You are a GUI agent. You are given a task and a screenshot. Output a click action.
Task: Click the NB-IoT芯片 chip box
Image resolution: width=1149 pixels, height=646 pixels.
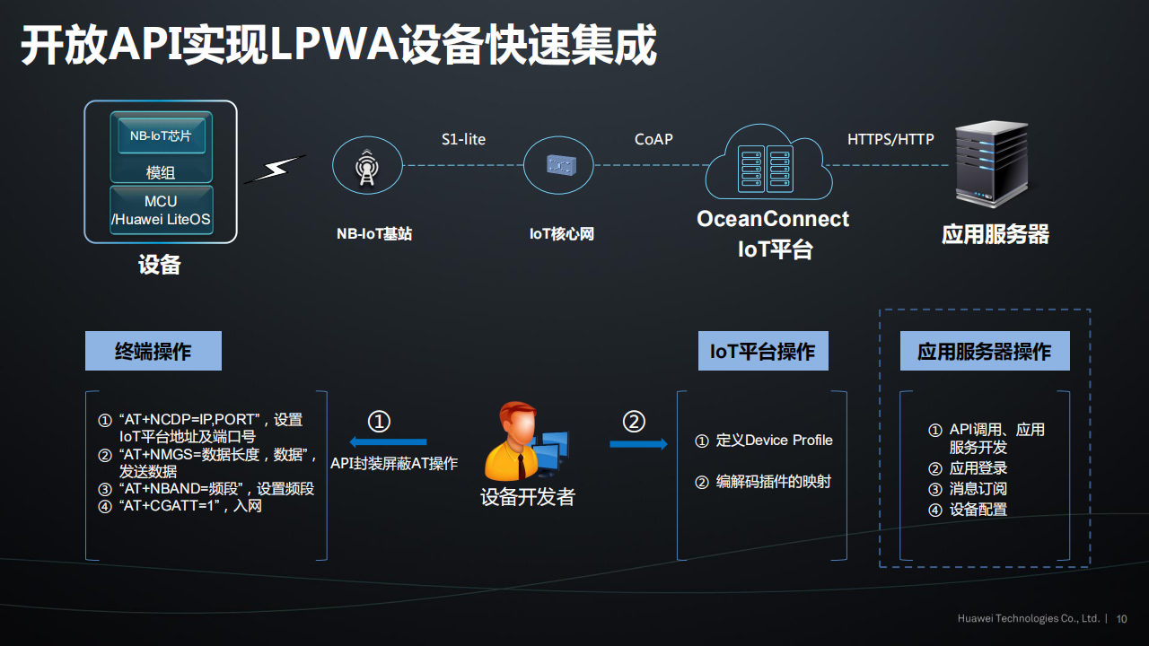pos(161,135)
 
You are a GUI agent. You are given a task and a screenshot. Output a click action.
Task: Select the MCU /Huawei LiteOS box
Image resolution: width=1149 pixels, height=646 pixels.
pos(161,210)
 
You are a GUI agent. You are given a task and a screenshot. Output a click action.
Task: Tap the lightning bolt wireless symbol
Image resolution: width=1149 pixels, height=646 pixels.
pos(275,169)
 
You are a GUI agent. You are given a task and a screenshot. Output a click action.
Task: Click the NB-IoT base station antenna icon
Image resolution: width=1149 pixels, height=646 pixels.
pos(367,166)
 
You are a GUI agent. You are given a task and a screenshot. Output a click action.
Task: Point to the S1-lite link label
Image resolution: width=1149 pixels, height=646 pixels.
pos(463,139)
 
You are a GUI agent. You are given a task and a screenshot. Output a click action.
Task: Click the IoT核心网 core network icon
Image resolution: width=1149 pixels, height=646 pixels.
pos(559,165)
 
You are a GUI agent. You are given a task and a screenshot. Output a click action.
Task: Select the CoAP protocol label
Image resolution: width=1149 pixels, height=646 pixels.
pos(653,139)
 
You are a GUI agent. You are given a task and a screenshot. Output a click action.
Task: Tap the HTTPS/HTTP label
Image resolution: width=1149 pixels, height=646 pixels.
pos(890,139)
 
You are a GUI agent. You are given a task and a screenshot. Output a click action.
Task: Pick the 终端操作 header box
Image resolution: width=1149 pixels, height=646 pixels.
pos(153,352)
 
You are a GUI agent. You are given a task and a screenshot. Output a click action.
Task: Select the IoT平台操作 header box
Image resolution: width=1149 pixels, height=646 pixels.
pos(763,352)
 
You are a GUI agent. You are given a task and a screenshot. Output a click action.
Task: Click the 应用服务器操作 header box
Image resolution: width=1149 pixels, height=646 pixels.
pos(984,352)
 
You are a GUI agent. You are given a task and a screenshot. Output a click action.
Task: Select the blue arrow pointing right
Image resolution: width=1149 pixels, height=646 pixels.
pos(638,443)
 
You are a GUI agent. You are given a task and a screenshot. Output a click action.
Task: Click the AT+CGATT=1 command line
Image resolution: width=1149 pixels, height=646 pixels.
pos(190,507)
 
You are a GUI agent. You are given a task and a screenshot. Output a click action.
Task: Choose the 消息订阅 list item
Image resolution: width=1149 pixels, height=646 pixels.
pos(978,489)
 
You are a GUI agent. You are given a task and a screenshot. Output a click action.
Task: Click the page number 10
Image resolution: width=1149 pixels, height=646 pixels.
pos(1121,619)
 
